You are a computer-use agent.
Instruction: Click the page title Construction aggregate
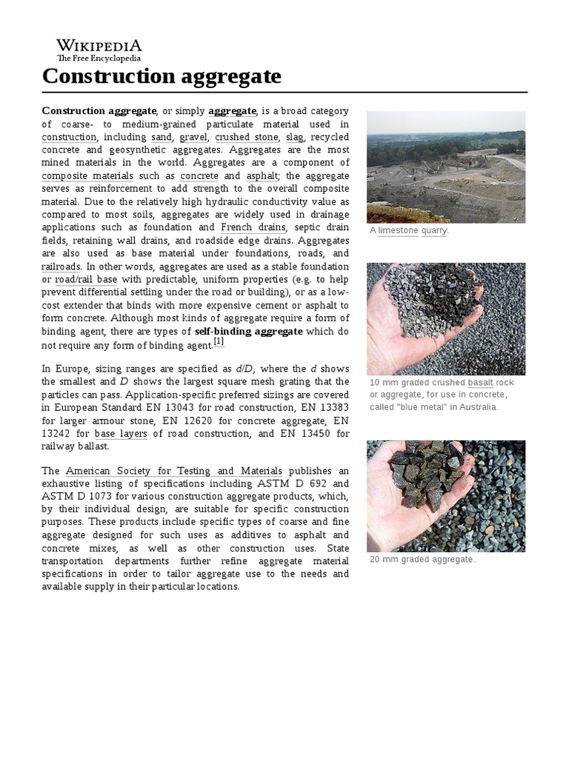pyautogui.click(x=162, y=76)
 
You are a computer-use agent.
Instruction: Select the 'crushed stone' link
pyautogui.click(x=247, y=137)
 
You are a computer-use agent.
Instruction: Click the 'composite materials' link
pyautogui.click(x=87, y=175)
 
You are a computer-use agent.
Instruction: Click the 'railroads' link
pyautogui.click(x=61, y=266)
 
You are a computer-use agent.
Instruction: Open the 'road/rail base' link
pyautogui.click(x=86, y=279)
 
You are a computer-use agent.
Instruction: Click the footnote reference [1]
pyautogui.click(x=219, y=341)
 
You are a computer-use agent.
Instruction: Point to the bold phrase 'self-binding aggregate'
pyautogui.click(x=248, y=330)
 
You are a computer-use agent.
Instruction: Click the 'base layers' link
pyautogui.click(x=121, y=433)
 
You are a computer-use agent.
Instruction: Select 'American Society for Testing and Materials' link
pyautogui.click(x=173, y=470)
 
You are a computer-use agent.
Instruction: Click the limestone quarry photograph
pyautogui.click(x=445, y=167)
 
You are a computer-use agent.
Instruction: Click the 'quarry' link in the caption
pyautogui.click(x=434, y=231)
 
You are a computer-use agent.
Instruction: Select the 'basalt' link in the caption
pyautogui.click(x=480, y=383)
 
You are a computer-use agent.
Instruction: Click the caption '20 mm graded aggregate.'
pyautogui.click(x=422, y=559)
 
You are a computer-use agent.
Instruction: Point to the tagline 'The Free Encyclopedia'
pyautogui.click(x=99, y=58)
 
